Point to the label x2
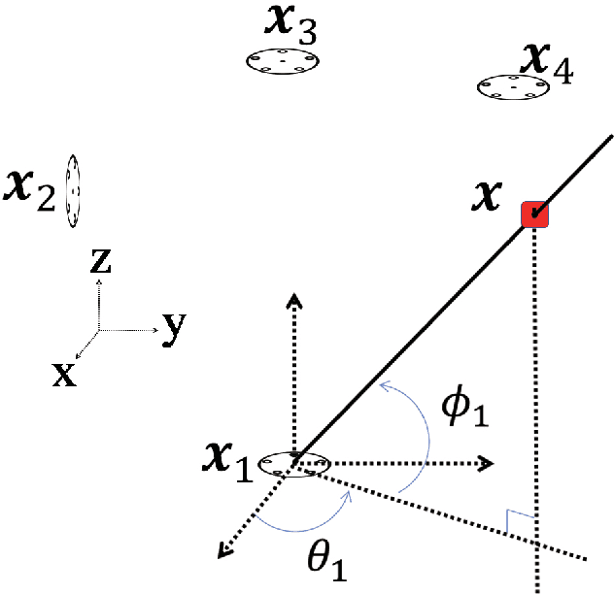[x=30, y=186]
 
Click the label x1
[x=230, y=460]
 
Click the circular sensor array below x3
[x=283, y=60]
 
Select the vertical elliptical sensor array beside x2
[x=72, y=191]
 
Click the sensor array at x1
[x=297, y=464]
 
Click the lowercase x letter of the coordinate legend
[x=64, y=375]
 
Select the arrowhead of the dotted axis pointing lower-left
[x=224, y=551]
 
